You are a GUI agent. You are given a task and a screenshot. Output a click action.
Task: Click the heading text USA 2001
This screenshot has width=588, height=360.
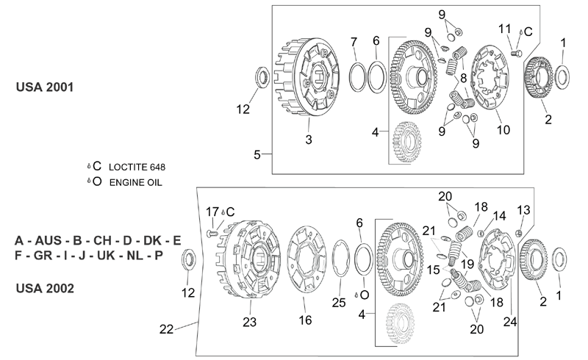45,87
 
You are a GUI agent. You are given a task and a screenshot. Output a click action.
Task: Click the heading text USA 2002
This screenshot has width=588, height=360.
45,289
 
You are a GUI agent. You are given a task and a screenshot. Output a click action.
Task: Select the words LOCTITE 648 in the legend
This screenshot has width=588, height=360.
137,168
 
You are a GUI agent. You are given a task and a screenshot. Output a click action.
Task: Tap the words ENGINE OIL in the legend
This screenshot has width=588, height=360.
136,183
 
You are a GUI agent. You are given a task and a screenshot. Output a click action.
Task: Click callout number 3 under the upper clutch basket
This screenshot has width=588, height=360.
309,140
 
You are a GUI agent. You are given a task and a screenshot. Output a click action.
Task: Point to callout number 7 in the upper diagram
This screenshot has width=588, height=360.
354,42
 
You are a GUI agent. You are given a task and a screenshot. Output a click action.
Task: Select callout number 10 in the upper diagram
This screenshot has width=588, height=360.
503,130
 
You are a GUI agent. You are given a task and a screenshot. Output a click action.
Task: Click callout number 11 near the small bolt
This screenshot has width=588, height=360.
505,29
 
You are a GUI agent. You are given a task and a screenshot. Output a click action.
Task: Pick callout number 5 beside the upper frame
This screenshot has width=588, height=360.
257,154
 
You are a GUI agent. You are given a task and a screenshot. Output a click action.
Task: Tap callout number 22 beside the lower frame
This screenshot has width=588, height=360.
167,329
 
